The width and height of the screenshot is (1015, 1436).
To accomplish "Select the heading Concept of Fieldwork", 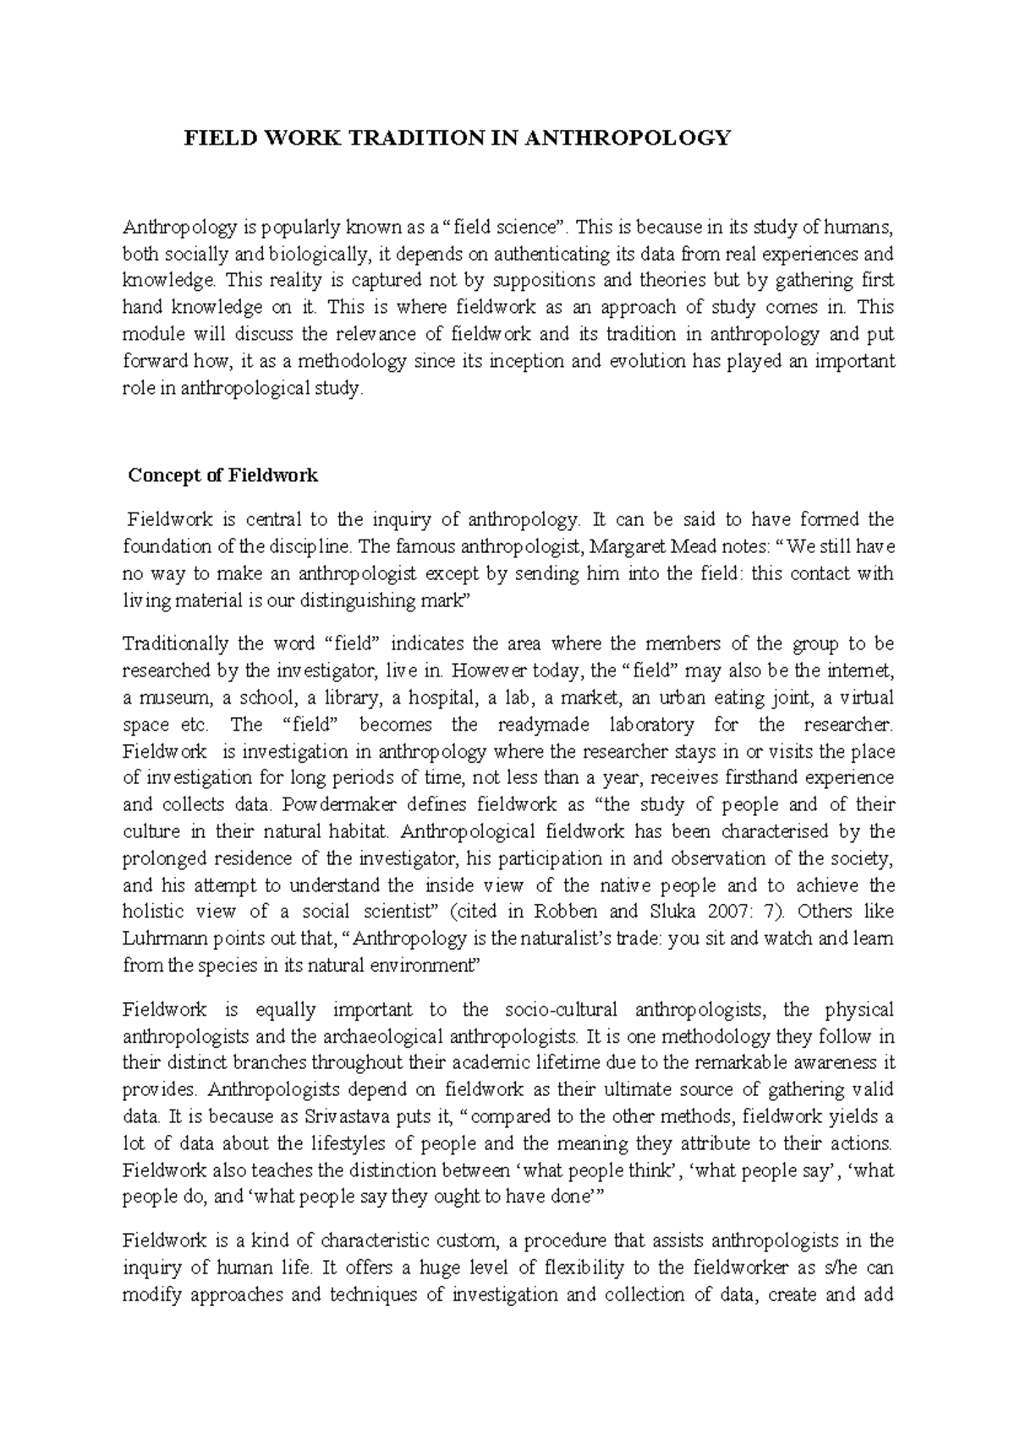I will (222, 475).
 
